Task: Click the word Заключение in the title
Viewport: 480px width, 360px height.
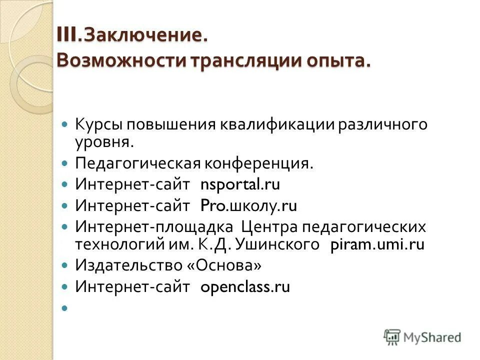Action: pyautogui.click(x=145, y=36)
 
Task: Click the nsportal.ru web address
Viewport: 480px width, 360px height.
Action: pyautogui.click(x=240, y=184)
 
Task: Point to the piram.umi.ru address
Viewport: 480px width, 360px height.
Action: pyautogui.click(x=377, y=244)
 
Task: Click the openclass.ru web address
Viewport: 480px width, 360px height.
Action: pyautogui.click(x=245, y=287)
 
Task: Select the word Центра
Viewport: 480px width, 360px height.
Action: pyautogui.click(x=269, y=226)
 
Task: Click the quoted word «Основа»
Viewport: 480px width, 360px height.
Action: pyautogui.click(x=224, y=265)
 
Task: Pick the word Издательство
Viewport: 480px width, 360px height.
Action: pyautogui.click(x=128, y=265)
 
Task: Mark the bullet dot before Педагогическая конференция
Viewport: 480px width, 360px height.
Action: pyautogui.click(x=64, y=164)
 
